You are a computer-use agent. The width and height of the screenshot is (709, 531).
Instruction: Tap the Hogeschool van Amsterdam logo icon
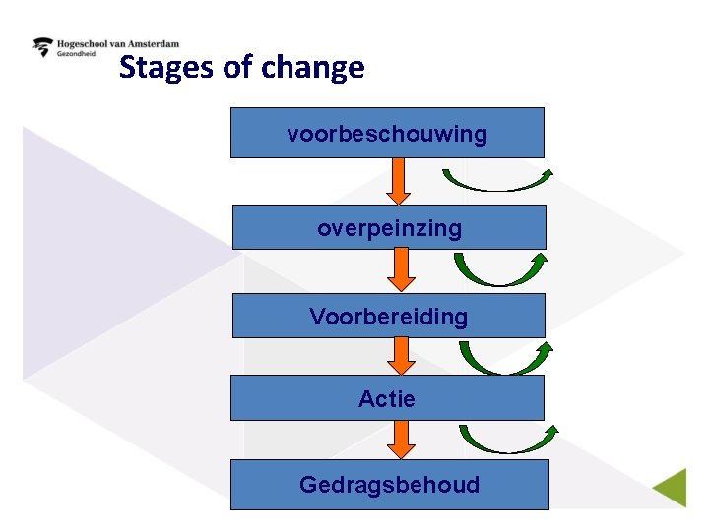tap(43, 47)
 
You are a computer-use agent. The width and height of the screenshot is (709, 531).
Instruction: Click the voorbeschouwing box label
tap(387, 134)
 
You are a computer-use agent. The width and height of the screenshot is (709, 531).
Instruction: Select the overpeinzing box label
tap(389, 228)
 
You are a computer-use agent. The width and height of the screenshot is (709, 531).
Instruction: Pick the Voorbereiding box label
tap(388, 317)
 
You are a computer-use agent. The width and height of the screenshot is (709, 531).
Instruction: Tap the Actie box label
tap(387, 399)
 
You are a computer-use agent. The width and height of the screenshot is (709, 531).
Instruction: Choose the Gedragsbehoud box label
tap(389, 485)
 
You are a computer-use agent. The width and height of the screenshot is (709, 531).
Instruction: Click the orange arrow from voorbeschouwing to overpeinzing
tap(398, 181)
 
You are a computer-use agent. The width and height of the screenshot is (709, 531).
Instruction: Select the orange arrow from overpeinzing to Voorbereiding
tap(400, 270)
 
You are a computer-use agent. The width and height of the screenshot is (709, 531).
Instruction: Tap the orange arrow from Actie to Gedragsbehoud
tap(400, 440)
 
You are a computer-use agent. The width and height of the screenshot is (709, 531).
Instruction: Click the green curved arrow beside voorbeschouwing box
tap(497, 182)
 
